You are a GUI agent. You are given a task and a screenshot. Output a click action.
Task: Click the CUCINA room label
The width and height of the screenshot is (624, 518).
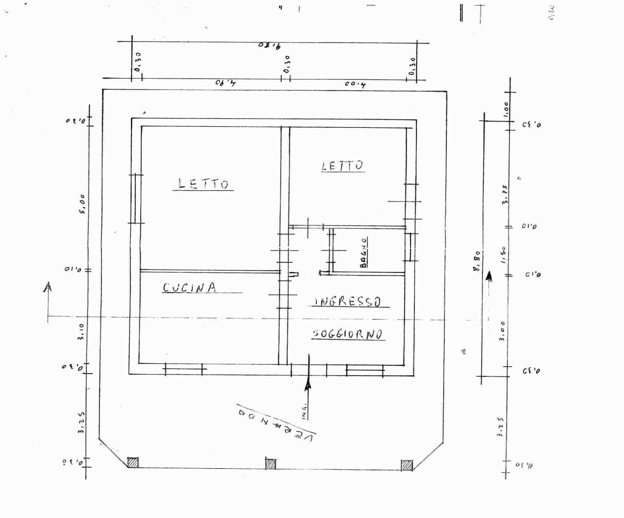[x=190, y=288]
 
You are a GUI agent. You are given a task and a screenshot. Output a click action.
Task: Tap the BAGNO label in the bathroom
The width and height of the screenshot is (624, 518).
[x=364, y=252]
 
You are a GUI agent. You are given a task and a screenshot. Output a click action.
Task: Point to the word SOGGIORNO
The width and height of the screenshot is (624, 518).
[x=348, y=334]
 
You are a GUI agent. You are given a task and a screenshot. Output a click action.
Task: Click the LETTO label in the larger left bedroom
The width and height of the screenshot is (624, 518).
[x=203, y=184]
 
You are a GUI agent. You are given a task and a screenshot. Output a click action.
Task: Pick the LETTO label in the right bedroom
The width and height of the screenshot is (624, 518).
[x=343, y=166]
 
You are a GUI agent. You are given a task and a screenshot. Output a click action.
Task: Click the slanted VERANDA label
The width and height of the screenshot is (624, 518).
[x=277, y=419]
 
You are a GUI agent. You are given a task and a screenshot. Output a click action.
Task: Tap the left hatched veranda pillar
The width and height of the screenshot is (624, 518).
[x=133, y=462]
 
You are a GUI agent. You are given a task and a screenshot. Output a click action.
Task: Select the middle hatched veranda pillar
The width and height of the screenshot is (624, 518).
[x=271, y=463]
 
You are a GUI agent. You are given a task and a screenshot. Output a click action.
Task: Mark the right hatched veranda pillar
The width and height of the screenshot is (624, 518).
[x=407, y=465]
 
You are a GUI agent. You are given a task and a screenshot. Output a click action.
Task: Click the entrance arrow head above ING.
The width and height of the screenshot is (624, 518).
[x=308, y=385]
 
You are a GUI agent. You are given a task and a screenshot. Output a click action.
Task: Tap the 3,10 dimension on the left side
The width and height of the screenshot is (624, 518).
[x=81, y=332]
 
